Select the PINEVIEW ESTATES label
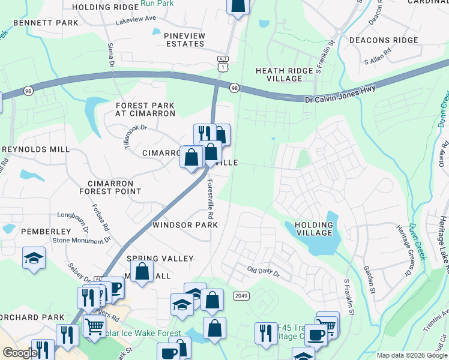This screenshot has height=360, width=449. (x=185, y=40)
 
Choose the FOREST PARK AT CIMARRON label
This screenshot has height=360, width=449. (x=145, y=109)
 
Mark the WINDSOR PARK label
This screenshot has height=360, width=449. (x=185, y=225)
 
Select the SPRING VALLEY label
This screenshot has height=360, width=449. (x=160, y=259)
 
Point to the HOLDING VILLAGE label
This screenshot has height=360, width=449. (x=314, y=229)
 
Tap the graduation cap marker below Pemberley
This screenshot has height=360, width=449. (x=34, y=259)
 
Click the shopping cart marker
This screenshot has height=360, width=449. (x=95, y=327)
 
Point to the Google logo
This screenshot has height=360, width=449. (x=20, y=353)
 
